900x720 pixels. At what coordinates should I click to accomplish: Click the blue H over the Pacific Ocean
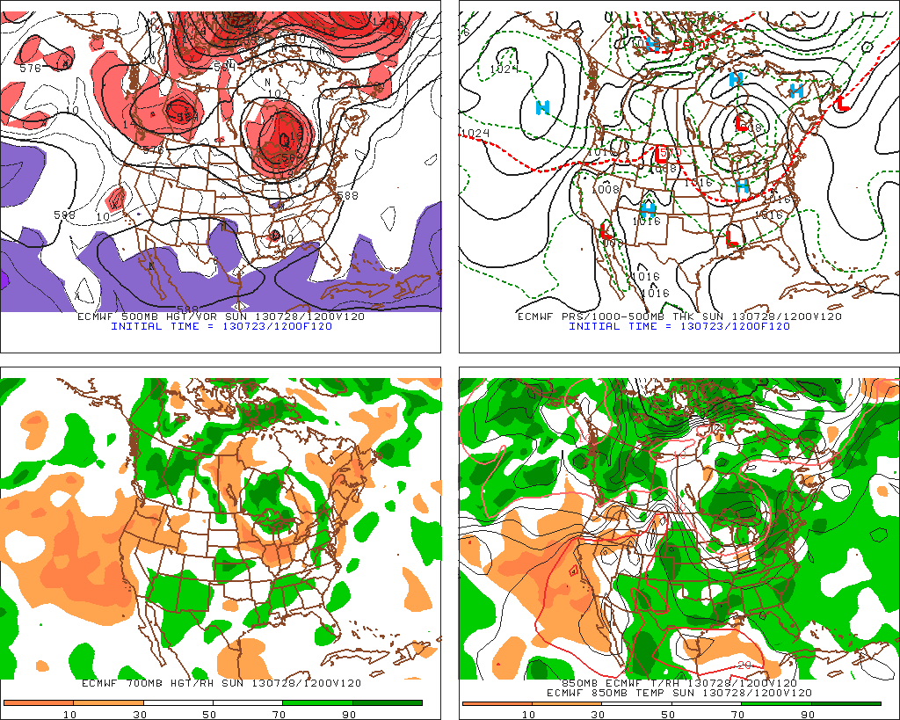click(x=543, y=107)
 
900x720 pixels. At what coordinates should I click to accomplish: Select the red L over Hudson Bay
click(x=742, y=124)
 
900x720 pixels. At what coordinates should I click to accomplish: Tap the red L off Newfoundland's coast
click(x=842, y=102)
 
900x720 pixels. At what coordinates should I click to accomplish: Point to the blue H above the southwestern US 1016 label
click(x=649, y=209)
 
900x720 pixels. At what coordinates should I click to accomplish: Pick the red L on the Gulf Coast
click(x=732, y=236)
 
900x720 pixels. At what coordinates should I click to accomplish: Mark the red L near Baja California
click(x=606, y=231)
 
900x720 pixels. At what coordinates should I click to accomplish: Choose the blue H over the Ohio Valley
click(x=743, y=185)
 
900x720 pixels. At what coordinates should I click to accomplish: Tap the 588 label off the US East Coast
click(x=347, y=195)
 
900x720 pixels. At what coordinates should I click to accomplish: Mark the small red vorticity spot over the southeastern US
click(x=276, y=235)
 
